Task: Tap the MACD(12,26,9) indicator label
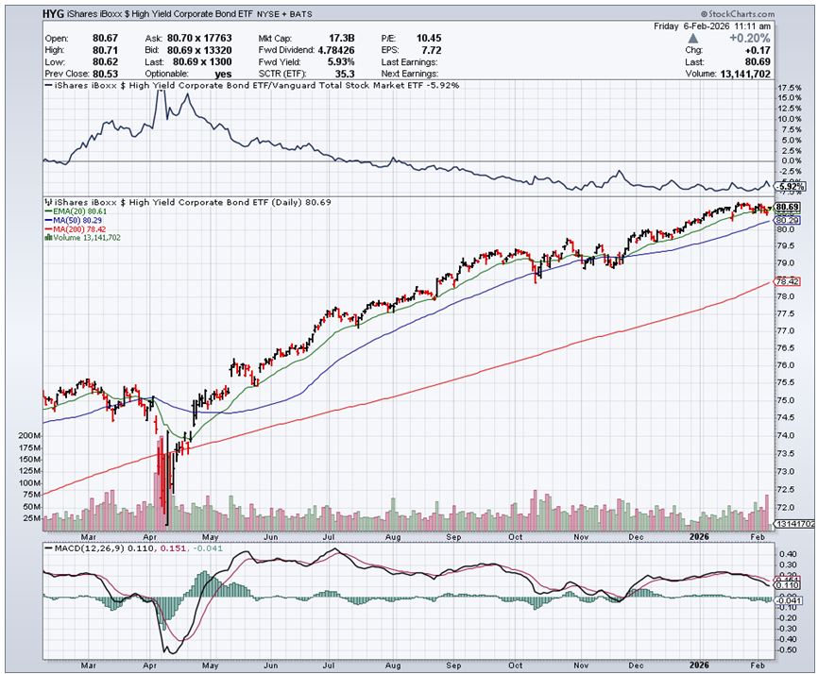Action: point(80,548)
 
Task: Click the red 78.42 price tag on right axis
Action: point(787,281)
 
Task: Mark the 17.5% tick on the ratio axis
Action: point(787,87)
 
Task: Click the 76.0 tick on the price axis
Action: point(784,365)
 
